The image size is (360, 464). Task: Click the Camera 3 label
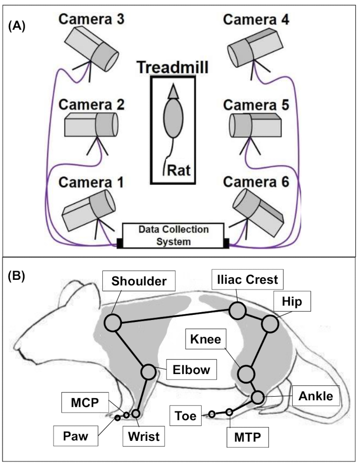click(x=92, y=20)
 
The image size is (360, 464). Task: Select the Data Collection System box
click(x=173, y=236)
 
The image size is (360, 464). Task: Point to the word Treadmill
click(x=173, y=67)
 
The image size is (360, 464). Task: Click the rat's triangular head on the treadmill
click(x=173, y=91)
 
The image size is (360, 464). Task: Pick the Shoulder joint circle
click(x=113, y=323)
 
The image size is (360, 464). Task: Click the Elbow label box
click(x=191, y=369)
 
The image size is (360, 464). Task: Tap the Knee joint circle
click(x=246, y=374)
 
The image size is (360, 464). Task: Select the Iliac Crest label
click(x=247, y=279)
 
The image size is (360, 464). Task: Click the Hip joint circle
click(x=270, y=324)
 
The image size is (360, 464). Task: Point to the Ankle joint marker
click(x=258, y=397)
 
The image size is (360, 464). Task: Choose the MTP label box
click(x=247, y=437)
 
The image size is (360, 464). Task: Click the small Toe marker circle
click(x=211, y=414)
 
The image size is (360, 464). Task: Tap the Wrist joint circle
click(x=135, y=414)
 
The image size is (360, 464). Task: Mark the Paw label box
click(x=76, y=436)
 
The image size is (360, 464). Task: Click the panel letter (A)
click(x=17, y=27)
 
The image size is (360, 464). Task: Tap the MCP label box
click(x=85, y=402)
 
